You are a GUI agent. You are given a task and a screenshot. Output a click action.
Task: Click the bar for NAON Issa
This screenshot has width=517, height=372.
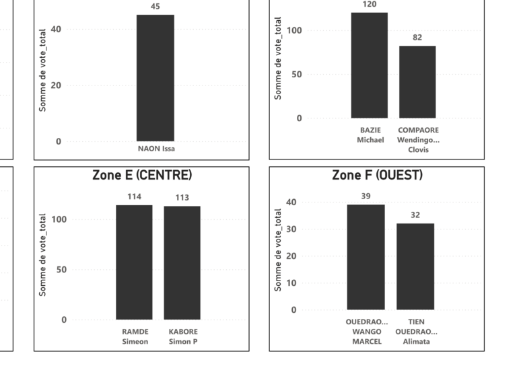click(156, 77)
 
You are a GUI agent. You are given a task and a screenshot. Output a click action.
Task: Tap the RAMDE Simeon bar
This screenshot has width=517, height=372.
click(134, 262)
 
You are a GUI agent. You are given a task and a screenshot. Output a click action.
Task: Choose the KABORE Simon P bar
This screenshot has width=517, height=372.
click(182, 262)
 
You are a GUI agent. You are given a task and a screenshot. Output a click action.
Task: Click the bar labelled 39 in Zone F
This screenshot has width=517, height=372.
click(366, 257)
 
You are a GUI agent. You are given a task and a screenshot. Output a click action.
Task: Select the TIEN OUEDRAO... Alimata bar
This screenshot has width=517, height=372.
click(415, 266)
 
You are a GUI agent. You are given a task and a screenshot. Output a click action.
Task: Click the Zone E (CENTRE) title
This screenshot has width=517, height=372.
click(142, 175)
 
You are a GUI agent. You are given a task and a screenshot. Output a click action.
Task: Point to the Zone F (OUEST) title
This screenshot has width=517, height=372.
click(377, 175)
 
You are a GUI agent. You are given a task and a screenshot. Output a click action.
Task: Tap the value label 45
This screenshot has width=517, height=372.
click(156, 7)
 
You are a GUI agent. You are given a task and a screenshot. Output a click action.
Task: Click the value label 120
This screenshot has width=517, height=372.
click(370, 5)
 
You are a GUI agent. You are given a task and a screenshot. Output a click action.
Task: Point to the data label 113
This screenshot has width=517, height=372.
click(182, 198)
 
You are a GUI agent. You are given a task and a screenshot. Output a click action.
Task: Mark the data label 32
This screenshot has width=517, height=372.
click(415, 215)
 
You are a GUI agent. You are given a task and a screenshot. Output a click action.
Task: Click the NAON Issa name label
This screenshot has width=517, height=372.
click(156, 148)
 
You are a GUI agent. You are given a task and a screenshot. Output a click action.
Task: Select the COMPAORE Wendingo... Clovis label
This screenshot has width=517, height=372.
click(417, 139)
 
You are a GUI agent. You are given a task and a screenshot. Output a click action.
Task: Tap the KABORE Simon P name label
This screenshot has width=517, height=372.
click(183, 336)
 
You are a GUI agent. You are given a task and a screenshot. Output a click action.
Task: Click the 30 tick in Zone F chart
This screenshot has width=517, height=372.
click(291, 229)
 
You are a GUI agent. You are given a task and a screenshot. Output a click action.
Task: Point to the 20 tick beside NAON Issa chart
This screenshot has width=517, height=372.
click(56, 85)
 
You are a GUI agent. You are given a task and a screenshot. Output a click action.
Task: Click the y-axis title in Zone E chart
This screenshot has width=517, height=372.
click(43, 255)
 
